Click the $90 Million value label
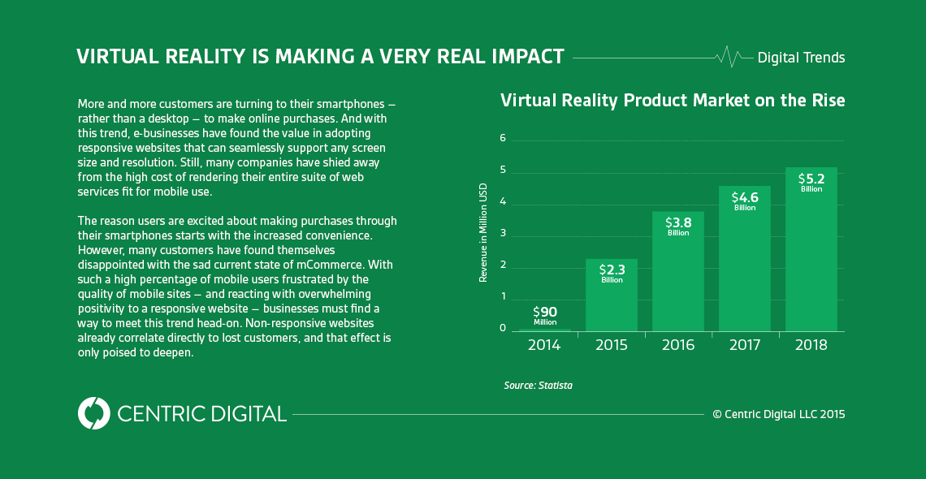[545, 315]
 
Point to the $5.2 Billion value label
[811, 181]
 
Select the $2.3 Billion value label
[612, 273]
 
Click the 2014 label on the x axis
[544, 345]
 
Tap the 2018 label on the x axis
[811, 345]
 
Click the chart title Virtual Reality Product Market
[673, 101]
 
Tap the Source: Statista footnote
[538, 386]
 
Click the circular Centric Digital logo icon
[94, 413]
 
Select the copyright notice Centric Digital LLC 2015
[778, 414]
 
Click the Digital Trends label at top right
[801, 58]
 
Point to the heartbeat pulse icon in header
[729, 57]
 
